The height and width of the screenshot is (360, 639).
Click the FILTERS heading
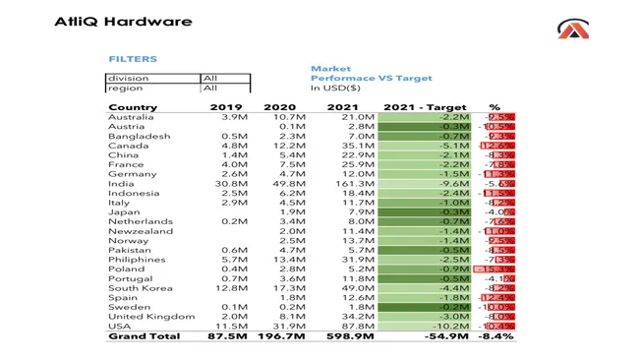[x=133, y=59]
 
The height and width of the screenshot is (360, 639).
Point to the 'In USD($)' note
[x=335, y=89]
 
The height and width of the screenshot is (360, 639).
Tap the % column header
[x=494, y=107]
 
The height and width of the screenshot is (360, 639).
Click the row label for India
[x=121, y=184]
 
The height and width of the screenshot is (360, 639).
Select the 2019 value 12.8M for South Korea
[x=228, y=288]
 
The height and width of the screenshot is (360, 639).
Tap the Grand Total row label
[x=144, y=336]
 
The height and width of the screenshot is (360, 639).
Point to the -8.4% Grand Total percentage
[x=495, y=336]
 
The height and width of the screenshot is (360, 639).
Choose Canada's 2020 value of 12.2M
[x=286, y=146]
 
